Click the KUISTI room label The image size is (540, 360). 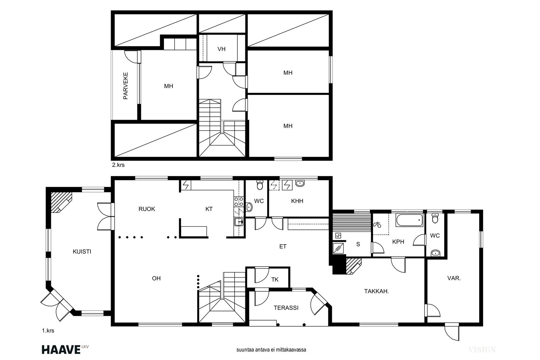[82, 252]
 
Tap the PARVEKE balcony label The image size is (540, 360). [125, 86]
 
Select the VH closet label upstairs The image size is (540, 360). [221, 49]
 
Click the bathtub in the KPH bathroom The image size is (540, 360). [409, 220]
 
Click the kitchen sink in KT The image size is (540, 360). [239, 222]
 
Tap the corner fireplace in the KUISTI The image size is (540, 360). [61, 202]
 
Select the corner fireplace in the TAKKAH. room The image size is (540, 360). [354, 266]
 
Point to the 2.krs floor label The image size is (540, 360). [118, 165]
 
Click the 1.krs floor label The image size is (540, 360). [48, 331]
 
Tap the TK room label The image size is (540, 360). [275, 279]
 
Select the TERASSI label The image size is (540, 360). [286, 308]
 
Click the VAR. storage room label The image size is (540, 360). [454, 278]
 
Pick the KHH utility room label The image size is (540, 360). [297, 201]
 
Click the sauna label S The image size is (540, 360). [358, 244]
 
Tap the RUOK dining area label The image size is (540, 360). [147, 209]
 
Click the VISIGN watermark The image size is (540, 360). [482, 350]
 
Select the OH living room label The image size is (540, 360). [156, 278]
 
